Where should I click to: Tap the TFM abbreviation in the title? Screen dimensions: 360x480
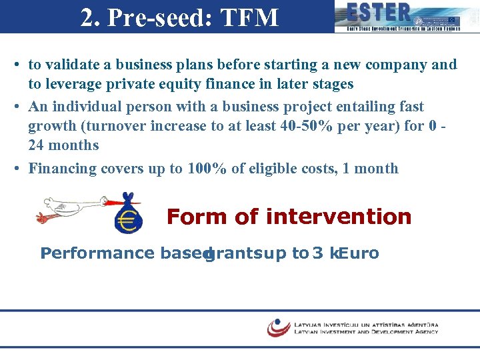[x=249, y=17]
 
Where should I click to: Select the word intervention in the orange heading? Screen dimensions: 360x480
[x=338, y=217]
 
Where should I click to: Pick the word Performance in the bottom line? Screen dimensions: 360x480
[x=97, y=253]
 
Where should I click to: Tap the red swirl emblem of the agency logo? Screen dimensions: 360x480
[x=278, y=327]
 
